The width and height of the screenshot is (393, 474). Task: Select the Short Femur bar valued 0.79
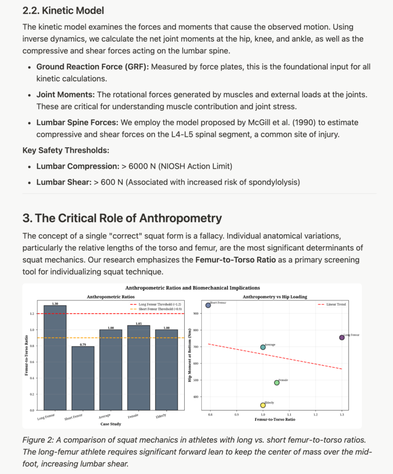click(83, 378)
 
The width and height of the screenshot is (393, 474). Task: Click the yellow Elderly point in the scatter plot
click(263, 405)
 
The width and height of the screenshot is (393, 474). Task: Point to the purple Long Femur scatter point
click(342, 337)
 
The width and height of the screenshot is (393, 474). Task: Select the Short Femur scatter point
click(208, 305)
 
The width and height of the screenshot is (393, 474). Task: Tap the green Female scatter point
click(277, 383)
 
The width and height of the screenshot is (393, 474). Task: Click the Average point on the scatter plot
click(263, 347)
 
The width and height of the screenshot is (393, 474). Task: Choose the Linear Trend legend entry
click(332, 304)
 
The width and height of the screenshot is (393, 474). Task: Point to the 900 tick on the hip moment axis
click(196, 314)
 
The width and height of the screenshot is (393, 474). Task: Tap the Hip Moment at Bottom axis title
click(190, 355)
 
